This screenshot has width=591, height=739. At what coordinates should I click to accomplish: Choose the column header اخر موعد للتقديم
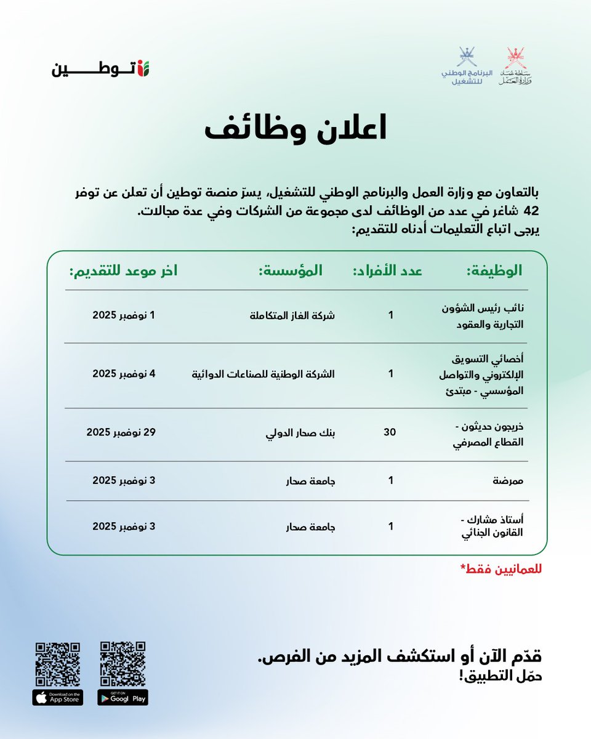(123, 271)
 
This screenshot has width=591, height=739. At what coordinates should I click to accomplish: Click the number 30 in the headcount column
(390, 433)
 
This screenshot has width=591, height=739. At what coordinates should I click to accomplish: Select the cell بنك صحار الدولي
(300, 433)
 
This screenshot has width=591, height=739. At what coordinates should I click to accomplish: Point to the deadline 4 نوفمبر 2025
(124, 373)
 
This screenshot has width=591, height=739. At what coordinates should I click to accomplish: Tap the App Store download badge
(58, 698)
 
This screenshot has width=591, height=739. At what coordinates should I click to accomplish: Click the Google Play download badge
(123, 698)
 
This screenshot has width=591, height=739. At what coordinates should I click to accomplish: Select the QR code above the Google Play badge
(123, 664)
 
